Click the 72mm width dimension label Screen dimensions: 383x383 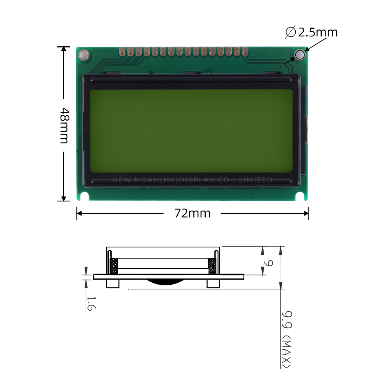tap(192, 213)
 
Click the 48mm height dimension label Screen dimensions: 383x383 tap(64, 125)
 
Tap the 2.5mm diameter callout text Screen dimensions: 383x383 tap(318, 33)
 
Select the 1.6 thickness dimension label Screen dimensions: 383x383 tap(92, 304)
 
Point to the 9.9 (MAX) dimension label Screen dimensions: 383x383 tap(286, 339)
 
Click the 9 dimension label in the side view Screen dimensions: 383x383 tap(268, 263)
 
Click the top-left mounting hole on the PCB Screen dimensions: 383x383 tap(83, 55)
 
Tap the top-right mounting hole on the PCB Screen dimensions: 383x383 tap(300, 54)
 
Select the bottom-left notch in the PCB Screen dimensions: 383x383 tap(84, 196)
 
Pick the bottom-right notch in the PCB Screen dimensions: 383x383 tap(300, 196)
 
